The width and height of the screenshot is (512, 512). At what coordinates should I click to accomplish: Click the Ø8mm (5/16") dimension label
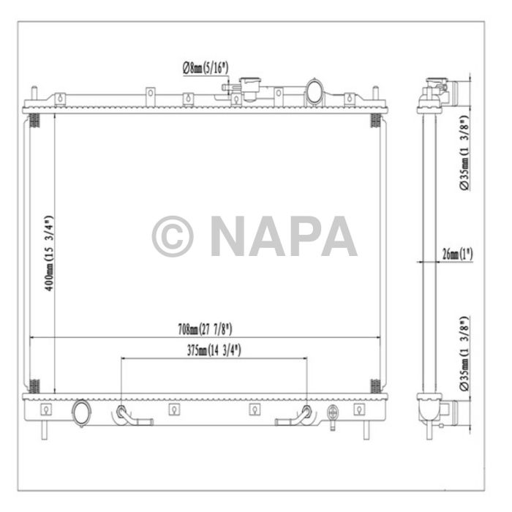206,67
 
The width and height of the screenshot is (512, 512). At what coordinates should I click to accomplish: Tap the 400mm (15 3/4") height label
48,252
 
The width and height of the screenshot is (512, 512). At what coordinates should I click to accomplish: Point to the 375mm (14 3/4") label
214,350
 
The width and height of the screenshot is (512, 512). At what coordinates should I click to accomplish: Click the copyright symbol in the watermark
172,236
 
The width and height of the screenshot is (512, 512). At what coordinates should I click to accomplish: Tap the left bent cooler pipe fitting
129,416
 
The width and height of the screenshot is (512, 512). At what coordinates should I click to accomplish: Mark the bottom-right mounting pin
364,430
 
